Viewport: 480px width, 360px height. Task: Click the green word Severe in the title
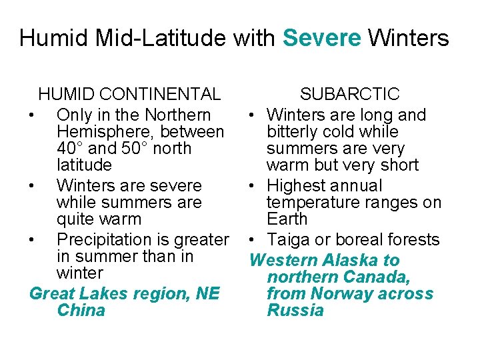coord(322,38)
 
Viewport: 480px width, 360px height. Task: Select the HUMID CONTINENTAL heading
coord(129,95)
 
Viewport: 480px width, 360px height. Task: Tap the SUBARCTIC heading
coord(349,95)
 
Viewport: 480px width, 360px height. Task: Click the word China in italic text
coord(81,310)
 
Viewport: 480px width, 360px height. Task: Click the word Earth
coord(287,219)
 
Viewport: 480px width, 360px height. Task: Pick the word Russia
coord(295,310)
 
